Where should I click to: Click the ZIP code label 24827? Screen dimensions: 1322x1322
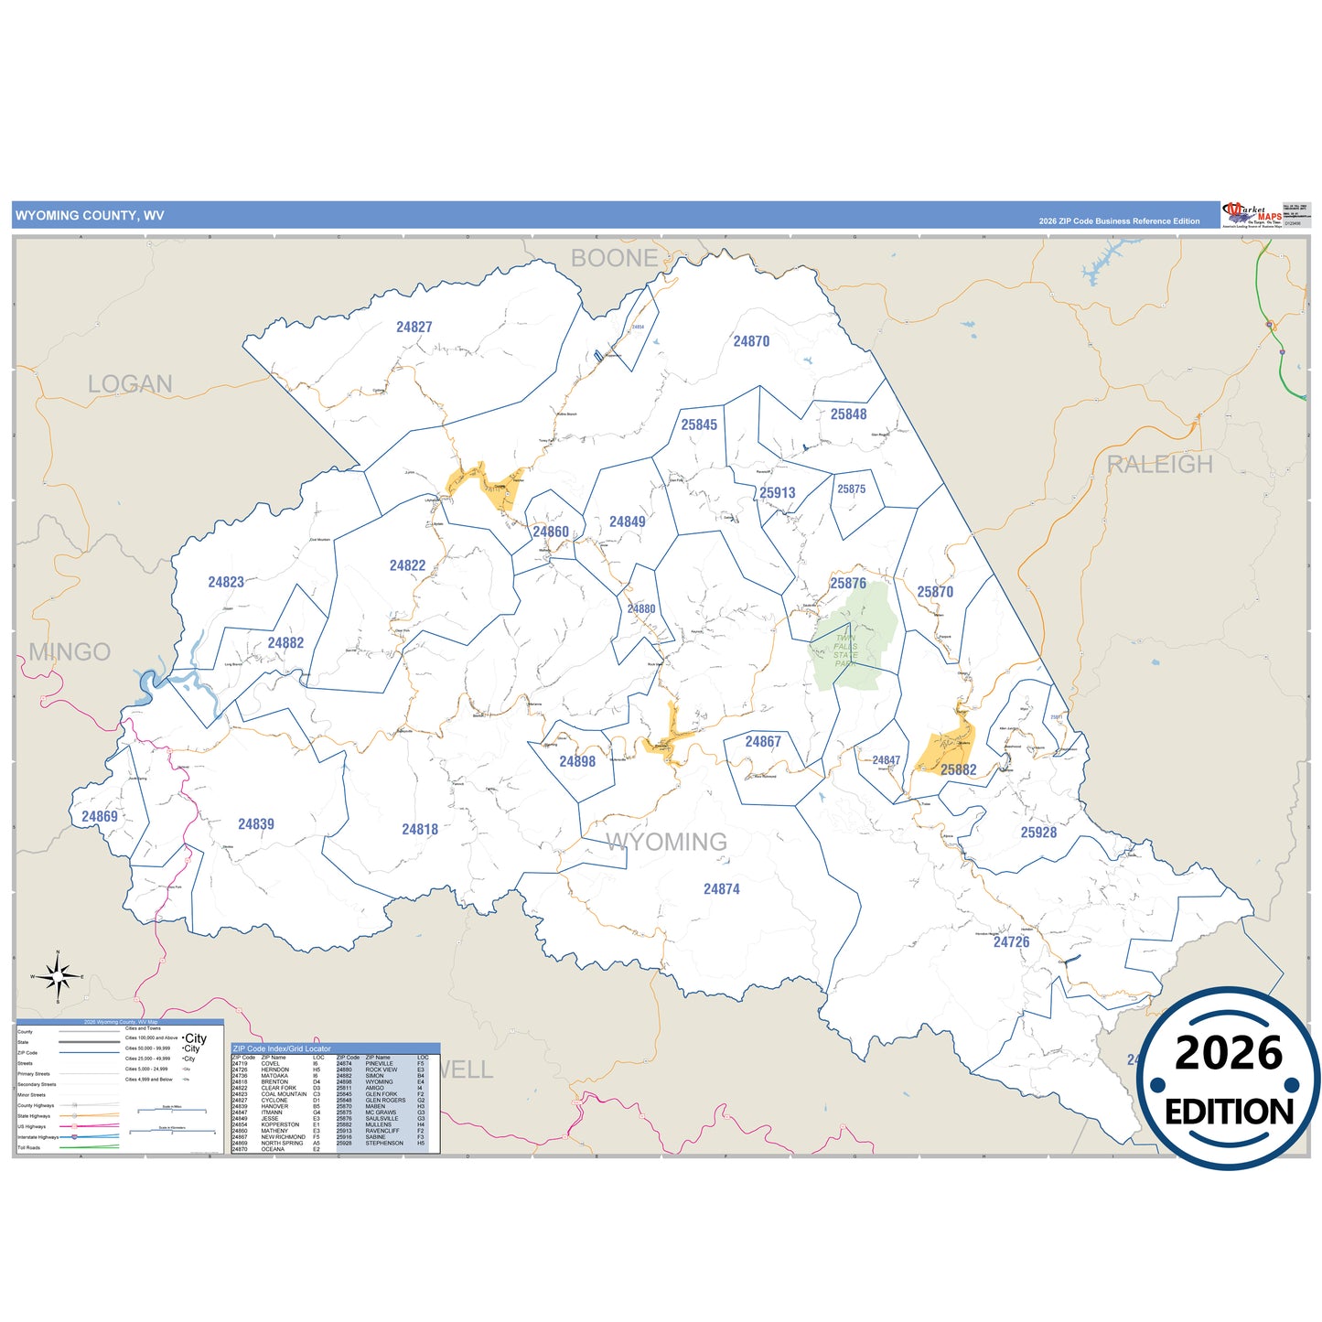click(414, 327)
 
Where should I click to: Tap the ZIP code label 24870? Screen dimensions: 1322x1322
click(751, 341)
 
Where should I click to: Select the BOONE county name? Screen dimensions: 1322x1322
click(615, 259)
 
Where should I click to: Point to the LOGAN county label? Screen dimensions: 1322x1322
click(130, 384)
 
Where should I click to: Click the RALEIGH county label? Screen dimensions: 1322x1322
click(1159, 465)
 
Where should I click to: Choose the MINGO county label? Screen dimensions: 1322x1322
click(70, 652)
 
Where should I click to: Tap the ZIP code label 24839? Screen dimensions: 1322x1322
click(256, 824)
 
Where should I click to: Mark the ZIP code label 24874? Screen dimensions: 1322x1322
click(721, 889)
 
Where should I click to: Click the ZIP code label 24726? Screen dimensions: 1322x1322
click(1011, 941)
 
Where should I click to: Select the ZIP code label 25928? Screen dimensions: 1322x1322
click(1038, 833)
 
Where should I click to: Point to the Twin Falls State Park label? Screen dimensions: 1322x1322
click(845, 650)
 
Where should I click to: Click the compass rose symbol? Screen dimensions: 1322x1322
click(58, 977)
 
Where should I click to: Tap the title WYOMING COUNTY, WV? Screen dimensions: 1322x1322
click(90, 216)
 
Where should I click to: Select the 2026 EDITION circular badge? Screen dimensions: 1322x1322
click(1228, 1079)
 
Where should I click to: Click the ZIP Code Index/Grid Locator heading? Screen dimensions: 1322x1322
click(282, 1048)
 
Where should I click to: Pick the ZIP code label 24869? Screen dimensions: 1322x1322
click(99, 817)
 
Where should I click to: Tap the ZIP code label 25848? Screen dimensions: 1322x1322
click(848, 414)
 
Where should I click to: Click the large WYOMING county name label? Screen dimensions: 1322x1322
click(666, 843)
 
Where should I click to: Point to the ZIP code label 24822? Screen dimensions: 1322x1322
click(407, 565)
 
